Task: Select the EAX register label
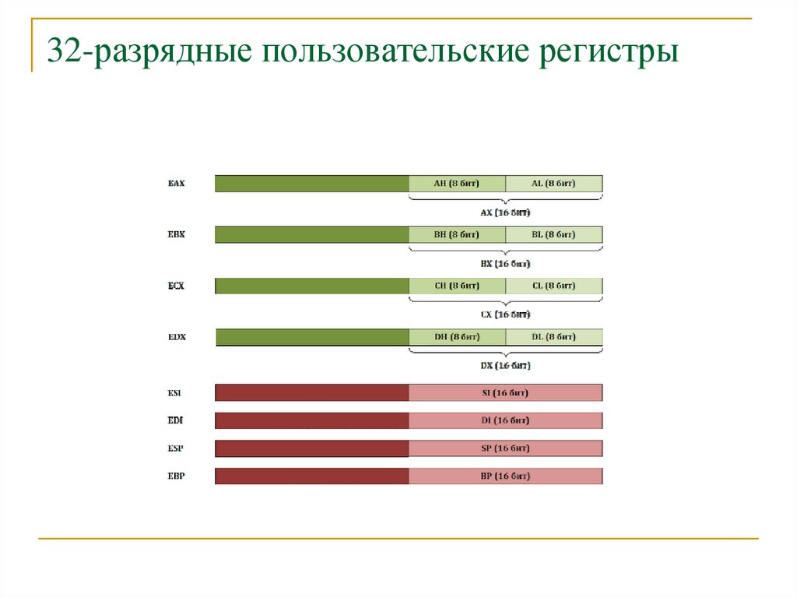pos(176,184)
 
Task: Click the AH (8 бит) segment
pos(457,184)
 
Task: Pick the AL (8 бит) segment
pos(553,184)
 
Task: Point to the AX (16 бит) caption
pos(505,212)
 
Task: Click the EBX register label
pos(176,234)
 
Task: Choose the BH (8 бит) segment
pos(457,234)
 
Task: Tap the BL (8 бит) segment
pos(553,234)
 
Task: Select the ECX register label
pos(176,286)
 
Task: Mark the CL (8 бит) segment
pos(553,286)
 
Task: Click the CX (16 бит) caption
pos(505,314)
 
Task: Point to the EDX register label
pos(176,337)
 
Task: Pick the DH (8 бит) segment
pos(457,337)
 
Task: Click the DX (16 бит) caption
pos(505,365)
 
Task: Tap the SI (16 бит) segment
pos(505,392)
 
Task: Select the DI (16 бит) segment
pos(505,420)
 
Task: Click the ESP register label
pos(176,448)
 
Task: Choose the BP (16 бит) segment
pos(505,476)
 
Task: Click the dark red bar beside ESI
pos(311,392)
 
